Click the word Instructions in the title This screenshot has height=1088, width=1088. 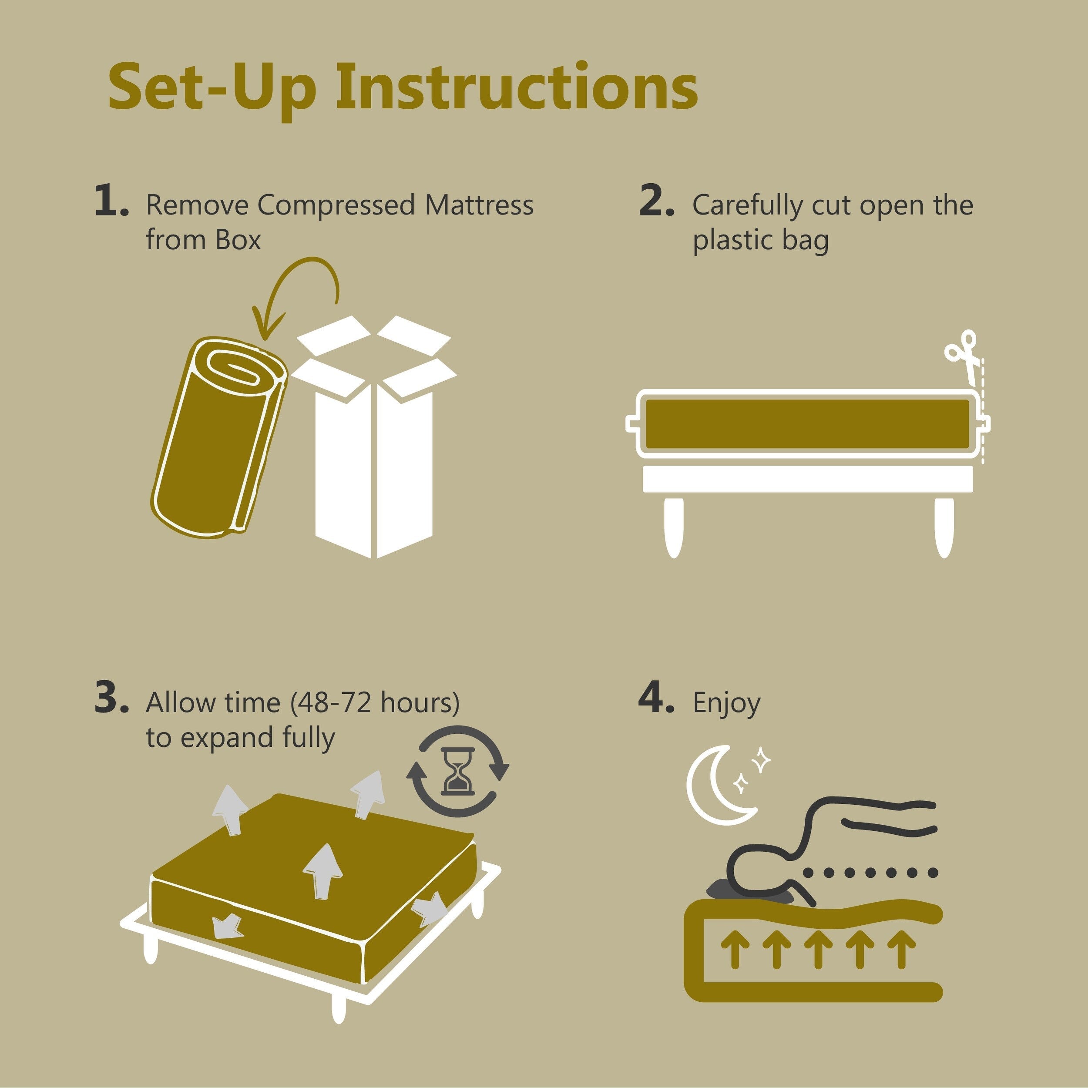point(517,87)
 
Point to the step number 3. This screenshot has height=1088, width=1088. point(111,700)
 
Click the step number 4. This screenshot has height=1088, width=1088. point(656,700)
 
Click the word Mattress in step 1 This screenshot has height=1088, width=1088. point(479,205)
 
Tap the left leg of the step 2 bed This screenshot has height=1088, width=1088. point(674,527)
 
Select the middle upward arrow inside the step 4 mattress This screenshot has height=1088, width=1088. point(818,949)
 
